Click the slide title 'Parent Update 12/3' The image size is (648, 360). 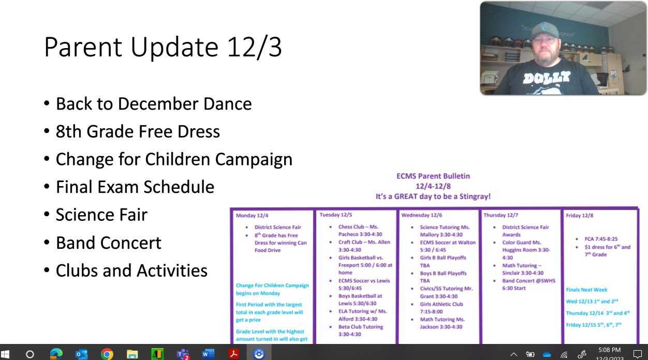163,48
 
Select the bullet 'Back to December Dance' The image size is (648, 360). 154,104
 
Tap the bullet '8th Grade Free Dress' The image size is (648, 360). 138,131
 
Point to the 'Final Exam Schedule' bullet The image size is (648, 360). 135,187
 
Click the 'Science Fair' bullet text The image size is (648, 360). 101,215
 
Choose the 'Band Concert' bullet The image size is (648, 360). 109,243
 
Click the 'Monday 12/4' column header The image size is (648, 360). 252,215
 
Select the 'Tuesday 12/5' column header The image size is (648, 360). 336,215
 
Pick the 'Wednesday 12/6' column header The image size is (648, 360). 422,215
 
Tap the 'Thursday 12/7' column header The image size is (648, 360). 500,215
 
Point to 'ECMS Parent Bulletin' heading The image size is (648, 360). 433,176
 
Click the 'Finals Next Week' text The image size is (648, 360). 586,290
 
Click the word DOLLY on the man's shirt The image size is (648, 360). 546,78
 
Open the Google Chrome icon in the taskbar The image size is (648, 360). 107,354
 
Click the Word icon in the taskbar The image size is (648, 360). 208,354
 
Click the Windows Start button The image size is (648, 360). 6,354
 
